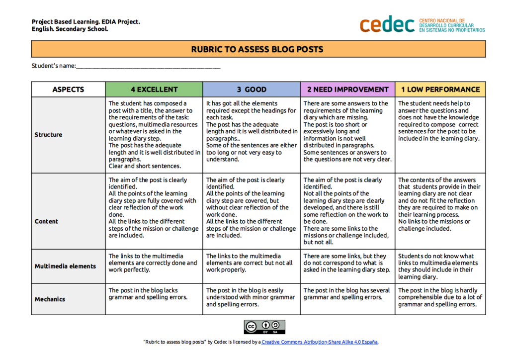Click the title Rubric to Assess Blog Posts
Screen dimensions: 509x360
(x=257, y=49)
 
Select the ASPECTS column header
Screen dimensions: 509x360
(x=68, y=90)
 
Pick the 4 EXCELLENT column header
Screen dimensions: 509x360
(x=154, y=90)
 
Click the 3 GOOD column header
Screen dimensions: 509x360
(x=252, y=90)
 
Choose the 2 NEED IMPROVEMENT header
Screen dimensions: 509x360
(x=347, y=90)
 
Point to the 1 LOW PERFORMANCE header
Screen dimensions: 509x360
(x=440, y=90)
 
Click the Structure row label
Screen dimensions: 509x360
(x=49, y=135)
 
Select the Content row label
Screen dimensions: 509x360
(x=46, y=221)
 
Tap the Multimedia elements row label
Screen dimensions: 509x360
(x=65, y=266)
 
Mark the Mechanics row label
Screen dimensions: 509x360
(x=50, y=299)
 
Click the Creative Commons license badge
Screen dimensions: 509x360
(x=264, y=327)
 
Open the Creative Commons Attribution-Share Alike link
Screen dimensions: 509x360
(x=320, y=342)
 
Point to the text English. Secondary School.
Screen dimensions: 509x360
(x=70, y=29)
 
